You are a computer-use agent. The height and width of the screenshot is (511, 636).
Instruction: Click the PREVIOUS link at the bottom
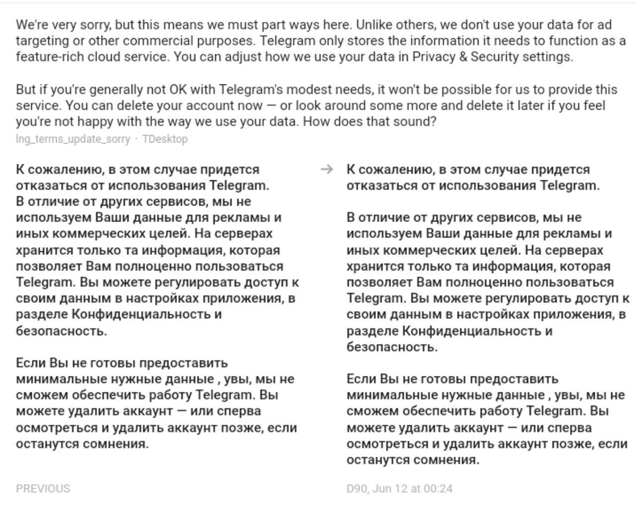43,489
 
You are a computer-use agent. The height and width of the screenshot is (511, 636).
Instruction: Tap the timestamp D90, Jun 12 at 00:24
399,489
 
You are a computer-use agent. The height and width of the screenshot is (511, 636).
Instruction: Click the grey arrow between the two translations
326,169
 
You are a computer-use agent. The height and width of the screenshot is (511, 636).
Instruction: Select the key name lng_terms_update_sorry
73,139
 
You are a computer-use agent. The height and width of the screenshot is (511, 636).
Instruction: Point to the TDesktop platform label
165,139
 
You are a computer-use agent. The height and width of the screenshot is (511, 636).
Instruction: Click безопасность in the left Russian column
61,331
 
